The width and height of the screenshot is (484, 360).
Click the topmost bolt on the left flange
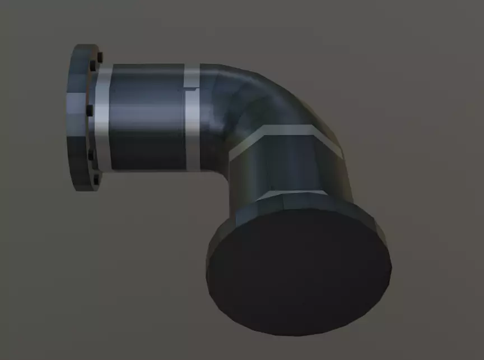click(100, 57)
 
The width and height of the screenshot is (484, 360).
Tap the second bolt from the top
click(92, 67)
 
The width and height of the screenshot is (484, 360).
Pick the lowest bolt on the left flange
click(96, 179)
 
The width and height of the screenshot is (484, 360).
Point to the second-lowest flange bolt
click(91, 153)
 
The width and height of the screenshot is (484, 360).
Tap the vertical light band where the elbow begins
click(192, 121)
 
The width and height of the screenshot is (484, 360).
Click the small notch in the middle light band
click(190, 88)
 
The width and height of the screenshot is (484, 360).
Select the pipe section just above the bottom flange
click(291, 168)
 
